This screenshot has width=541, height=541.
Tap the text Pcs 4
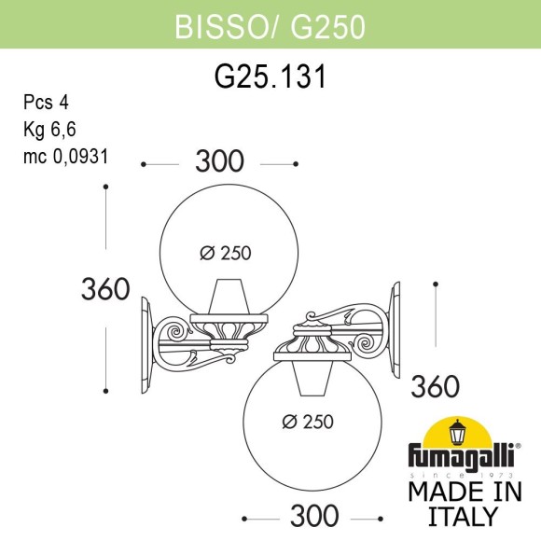coord(46,103)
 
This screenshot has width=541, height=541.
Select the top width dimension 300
coord(219,162)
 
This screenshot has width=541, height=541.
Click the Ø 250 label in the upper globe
coord(226,252)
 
